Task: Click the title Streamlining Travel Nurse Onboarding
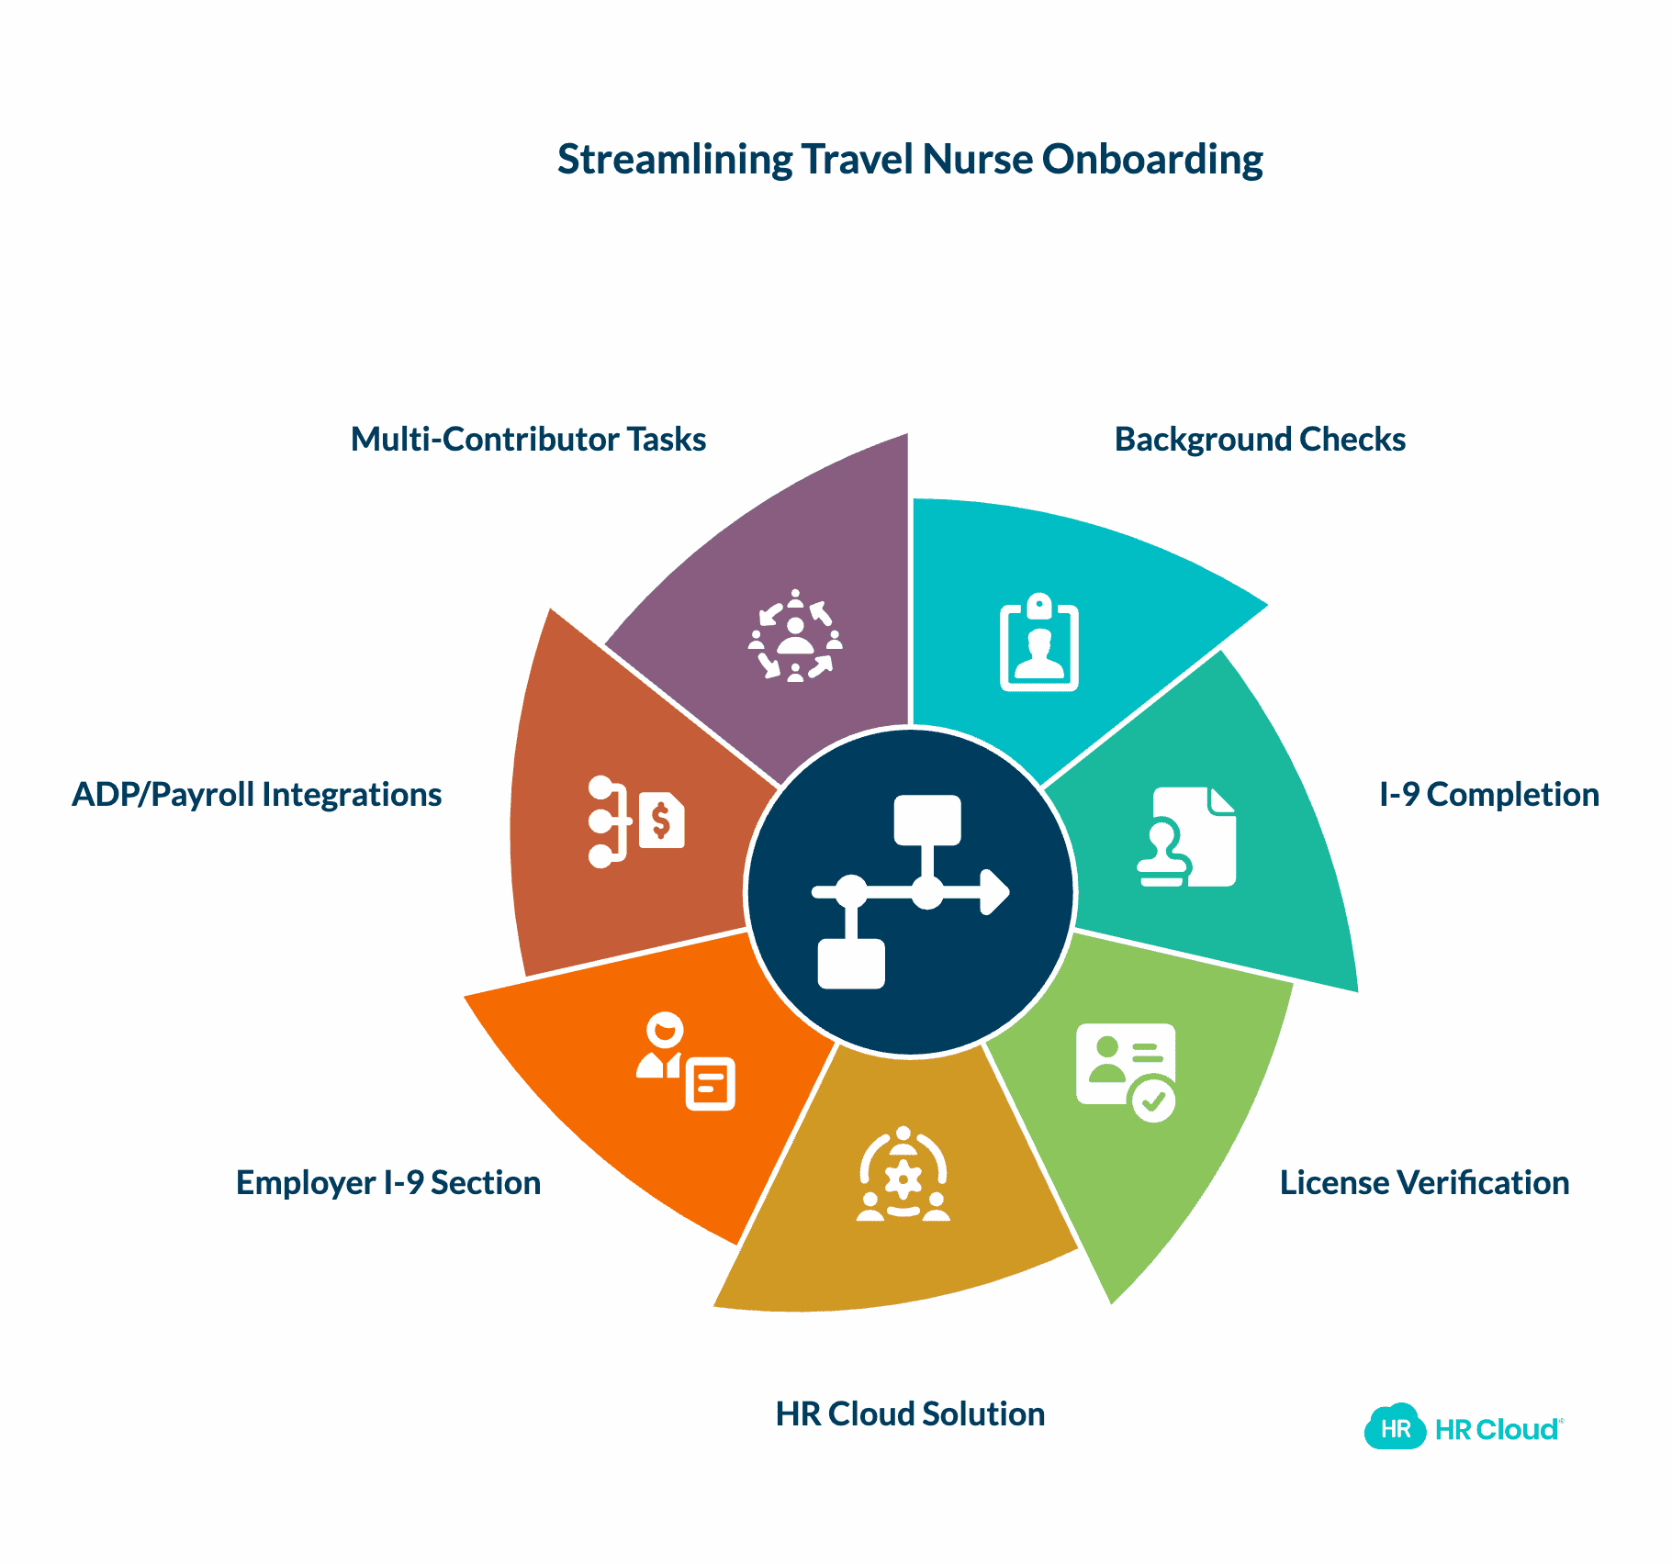910,160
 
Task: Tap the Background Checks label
1259,440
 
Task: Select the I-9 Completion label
1488,795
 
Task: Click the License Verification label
1424,1183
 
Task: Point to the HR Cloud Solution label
910,1414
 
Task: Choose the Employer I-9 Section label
388,1183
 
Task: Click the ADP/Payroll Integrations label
257,795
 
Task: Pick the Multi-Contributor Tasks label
528,440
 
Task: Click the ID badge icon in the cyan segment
1038,642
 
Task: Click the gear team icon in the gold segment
903,1175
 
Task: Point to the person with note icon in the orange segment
686,1062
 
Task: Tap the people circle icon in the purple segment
795,636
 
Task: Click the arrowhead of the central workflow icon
995,892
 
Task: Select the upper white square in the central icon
927,820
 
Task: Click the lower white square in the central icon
851,964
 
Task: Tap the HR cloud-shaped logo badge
1395,1428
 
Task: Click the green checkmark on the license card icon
1153,1099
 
